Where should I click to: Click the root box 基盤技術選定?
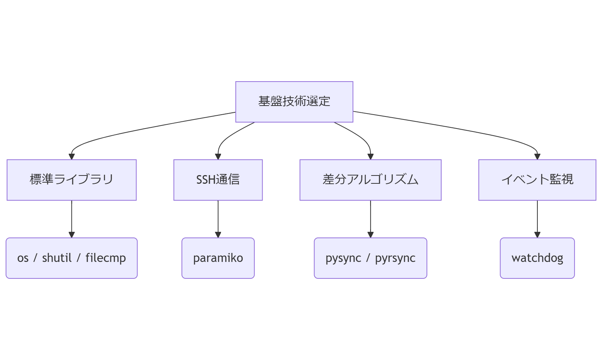[x=294, y=101]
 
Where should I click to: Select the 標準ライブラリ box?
[x=71, y=180]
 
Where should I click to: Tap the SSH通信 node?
[x=218, y=180]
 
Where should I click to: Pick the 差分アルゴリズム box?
[x=370, y=180]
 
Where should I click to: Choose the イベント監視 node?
[x=537, y=180]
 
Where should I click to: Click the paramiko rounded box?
[x=218, y=258]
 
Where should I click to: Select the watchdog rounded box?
[x=537, y=258]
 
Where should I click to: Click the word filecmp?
[x=106, y=258]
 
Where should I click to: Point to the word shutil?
[x=56, y=258]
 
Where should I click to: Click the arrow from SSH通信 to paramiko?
[x=218, y=218]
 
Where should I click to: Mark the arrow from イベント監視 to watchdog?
[x=537, y=218]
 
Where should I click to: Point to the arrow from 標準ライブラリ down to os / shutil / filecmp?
[x=71, y=218]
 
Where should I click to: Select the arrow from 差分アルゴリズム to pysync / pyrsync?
[x=370, y=218]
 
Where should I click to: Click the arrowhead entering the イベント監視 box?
[x=537, y=157]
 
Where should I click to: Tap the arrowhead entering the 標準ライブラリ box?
[x=71, y=157]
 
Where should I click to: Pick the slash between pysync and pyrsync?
[x=368, y=258]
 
